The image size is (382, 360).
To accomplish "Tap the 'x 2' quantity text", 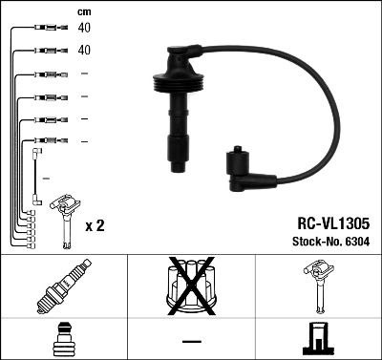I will [95, 226].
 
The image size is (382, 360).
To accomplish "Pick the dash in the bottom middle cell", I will [192, 341].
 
